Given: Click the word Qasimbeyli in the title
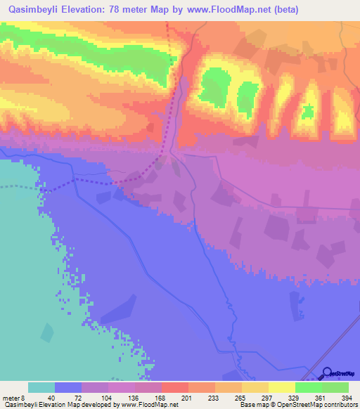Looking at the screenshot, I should click(35, 9).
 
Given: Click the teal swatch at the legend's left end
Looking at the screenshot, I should click(41, 387).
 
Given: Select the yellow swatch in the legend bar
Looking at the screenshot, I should click(281, 387).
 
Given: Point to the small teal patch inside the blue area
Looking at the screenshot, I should click(46, 332).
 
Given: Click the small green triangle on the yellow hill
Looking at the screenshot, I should click(307, 110).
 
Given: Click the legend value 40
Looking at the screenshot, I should click(51, 398).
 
